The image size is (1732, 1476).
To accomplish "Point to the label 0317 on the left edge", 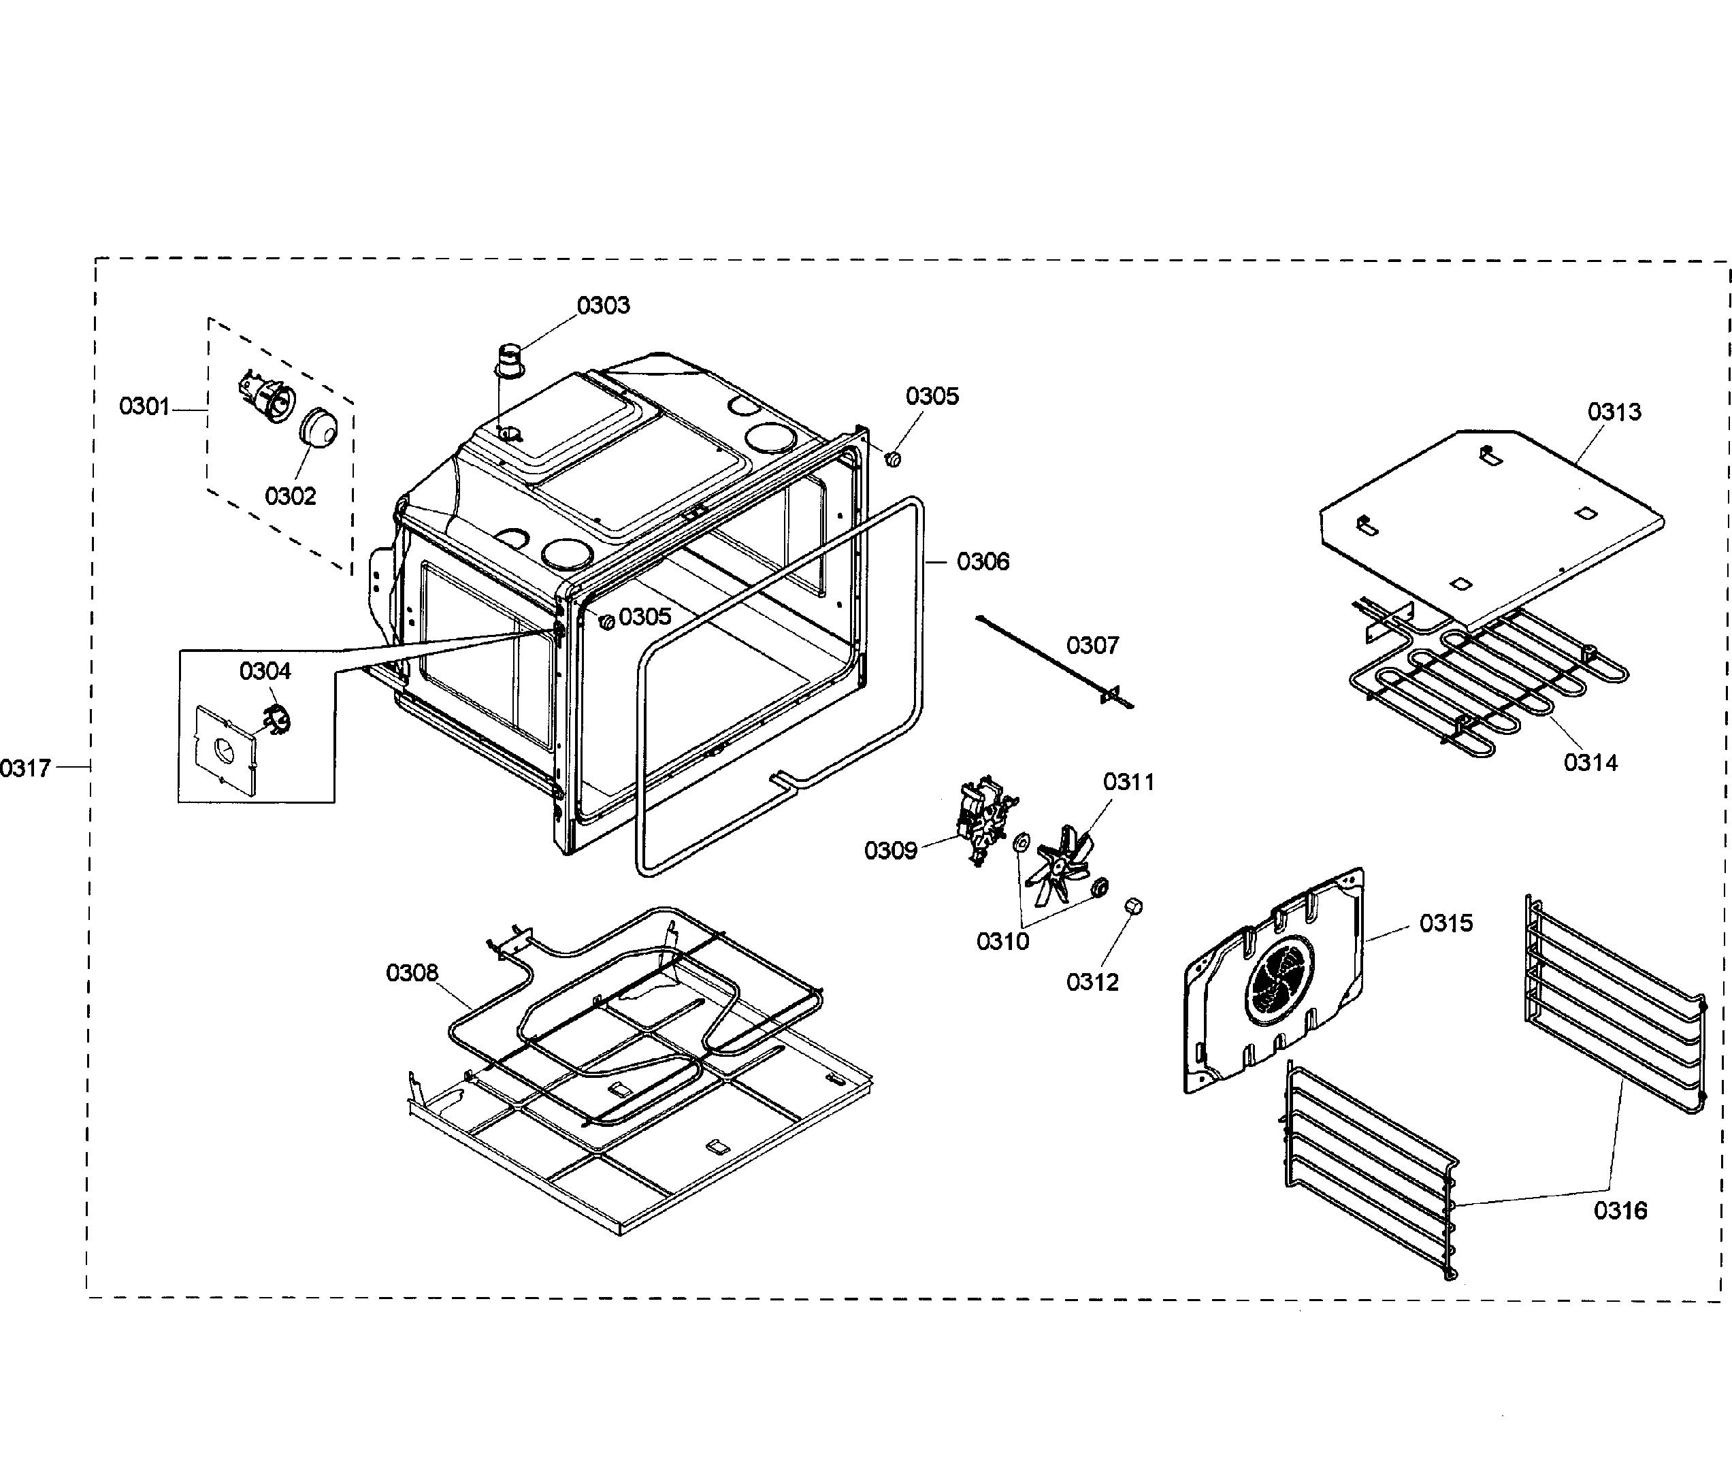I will (x=25, y=767).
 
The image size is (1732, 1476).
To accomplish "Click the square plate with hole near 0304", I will (x=223, y=749).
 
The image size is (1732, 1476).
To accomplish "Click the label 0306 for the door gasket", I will (x=982, y=561).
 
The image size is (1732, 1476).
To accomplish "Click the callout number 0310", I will (x=1002, y=942).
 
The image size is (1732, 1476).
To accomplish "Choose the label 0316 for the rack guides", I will (x=1619, y=1210).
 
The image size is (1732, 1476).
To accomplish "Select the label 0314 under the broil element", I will (x=1590, y=762).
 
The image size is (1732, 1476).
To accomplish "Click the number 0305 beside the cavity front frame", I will (x=644, y=617).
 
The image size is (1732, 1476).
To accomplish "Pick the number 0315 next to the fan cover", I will (x=1445, y=923).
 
